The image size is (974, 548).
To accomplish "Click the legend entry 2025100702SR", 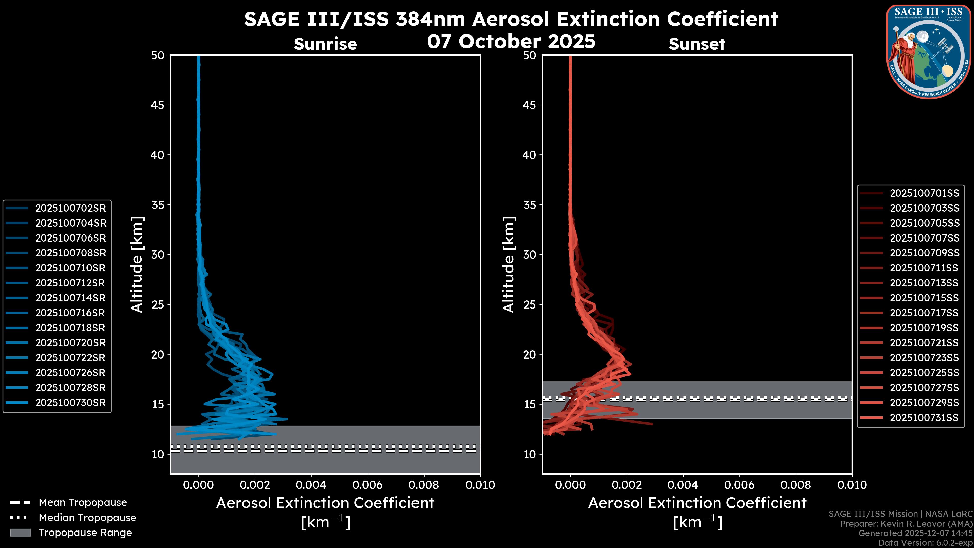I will point(70,208).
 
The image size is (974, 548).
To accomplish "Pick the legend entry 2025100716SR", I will point(70,313).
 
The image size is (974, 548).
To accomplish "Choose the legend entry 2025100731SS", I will point(924,418).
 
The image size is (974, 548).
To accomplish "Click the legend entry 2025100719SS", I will point(924,328).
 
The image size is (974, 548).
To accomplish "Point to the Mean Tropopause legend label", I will point(83,503).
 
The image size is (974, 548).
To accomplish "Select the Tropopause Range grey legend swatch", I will point(20,533).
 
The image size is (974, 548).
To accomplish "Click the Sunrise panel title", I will point(325,44).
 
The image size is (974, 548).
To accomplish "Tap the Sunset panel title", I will point(697,44).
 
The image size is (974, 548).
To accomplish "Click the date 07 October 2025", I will point(511,41).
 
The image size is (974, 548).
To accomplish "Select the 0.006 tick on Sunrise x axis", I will point(368,485).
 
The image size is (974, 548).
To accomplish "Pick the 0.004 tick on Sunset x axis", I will point(683,485).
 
